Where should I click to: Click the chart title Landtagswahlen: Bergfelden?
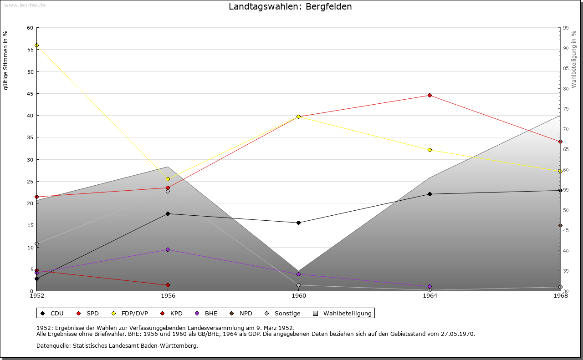tap(290, 7)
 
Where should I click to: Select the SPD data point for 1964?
tap(430, 95)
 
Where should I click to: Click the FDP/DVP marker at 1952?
tap(36, 46)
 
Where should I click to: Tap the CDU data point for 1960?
tap(298, 223)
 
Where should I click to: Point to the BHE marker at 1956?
tap(168, 249)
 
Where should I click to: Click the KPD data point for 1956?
tap(168, 285)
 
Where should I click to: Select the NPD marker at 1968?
tap(560, 225)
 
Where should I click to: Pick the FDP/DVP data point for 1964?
tap(430, 150)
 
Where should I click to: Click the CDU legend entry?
tap(52, 313)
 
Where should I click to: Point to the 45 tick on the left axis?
tap(30, 94)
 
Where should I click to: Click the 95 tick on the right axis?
tap(566, 28)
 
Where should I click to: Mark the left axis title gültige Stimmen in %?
tap(6, 60)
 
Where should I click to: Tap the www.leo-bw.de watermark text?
tap(25, 5)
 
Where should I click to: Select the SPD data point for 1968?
tap(560, 142)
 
